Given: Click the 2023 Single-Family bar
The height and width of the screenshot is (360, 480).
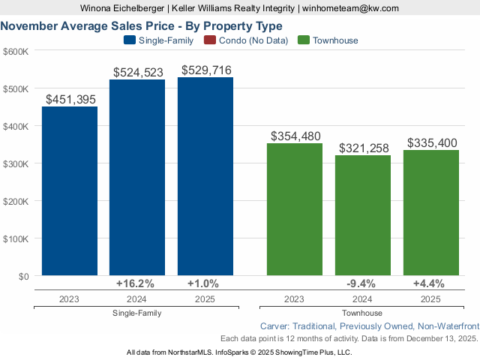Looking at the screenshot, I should point(69,191).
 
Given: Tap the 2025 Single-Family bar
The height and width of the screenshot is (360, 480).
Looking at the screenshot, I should point(205,176).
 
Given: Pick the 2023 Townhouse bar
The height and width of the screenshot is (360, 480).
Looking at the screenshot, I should point(295,209).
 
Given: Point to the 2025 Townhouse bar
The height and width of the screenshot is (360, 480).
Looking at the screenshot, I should point(430,213).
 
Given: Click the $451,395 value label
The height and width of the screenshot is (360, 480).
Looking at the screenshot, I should point(70,99).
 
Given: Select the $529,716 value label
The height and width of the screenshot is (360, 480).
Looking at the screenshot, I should point(206,70).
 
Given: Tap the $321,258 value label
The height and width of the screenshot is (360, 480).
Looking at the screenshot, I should point(364,148).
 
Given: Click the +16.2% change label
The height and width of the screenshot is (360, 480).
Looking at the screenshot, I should point(136,283).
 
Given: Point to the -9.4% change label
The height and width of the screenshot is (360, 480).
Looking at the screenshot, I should point(362,283).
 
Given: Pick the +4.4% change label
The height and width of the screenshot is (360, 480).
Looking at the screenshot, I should point(429,283).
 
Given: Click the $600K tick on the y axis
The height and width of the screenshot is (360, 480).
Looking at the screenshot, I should point(16,51).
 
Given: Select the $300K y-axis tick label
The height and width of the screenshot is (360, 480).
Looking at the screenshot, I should point(16,163).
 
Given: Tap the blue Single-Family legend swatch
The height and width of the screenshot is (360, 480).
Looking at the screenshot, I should point(128,40).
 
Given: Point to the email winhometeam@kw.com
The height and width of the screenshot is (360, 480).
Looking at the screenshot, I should point(350,8).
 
